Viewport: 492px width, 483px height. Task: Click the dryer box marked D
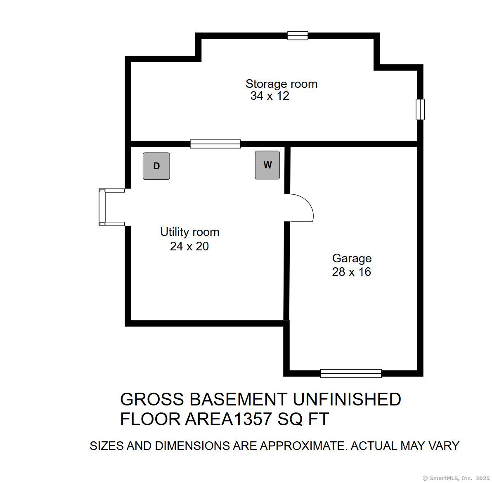point(156,166)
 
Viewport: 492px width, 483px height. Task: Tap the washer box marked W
point(267,165)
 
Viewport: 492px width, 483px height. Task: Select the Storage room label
point(281,84)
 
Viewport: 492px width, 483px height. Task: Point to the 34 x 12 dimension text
point(270,96)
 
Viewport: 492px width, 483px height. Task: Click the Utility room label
point(189,232)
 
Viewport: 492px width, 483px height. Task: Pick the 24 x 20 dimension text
point(189,246)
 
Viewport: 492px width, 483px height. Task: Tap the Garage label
point(352,258)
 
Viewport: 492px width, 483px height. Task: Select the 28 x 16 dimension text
point(351,272)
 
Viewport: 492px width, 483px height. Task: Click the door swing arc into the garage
point(303,207)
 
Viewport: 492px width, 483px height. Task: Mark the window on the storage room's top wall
point(298,36)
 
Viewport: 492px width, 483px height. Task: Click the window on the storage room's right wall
point(420,109)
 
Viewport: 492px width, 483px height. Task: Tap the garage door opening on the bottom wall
point(351,373)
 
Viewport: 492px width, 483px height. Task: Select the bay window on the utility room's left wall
point(103,207)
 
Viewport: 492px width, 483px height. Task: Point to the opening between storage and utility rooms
point(215,144)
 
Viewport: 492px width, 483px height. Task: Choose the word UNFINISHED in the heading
point(347,399)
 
